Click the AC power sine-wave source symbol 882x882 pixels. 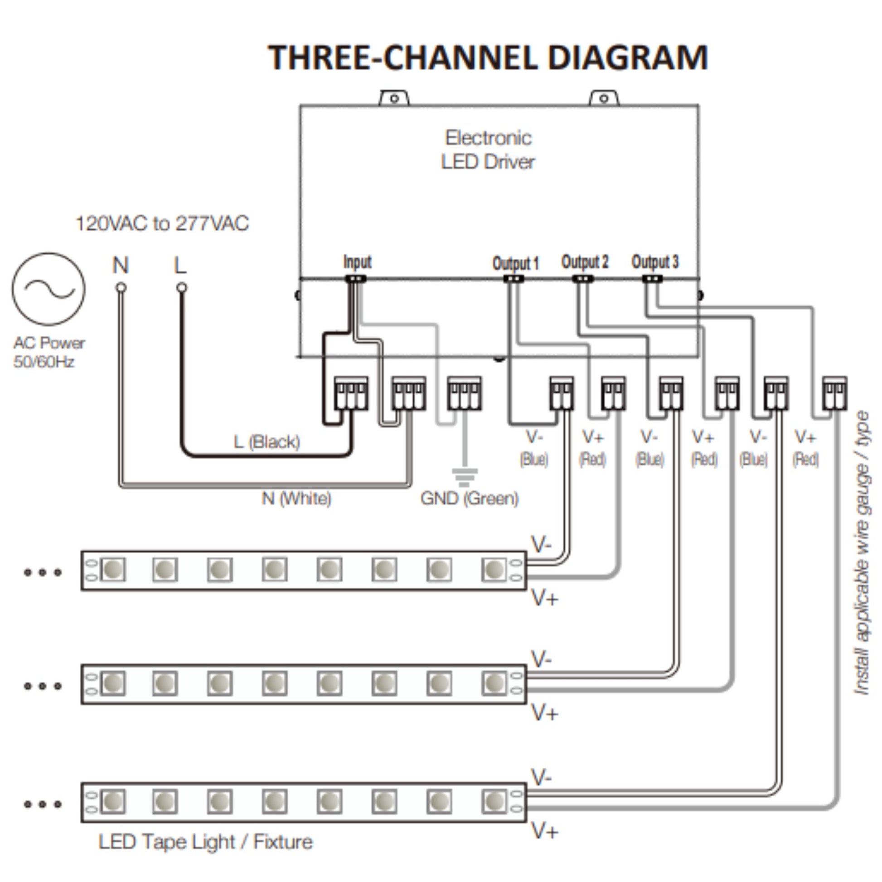coord(48,289)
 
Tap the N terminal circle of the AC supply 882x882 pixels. coord(121,288)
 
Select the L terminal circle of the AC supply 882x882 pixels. coord(182,288)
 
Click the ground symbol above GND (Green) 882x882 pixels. coord(464,476)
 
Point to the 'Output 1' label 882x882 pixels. coord(515,263)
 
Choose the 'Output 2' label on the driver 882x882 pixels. coord(585,262)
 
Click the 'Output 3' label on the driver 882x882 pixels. coord(655,262)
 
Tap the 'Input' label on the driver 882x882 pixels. coord(358,262)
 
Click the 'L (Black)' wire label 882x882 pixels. coord(267,442)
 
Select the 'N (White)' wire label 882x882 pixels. coord(296,498)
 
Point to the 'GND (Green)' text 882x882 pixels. coord(469,499)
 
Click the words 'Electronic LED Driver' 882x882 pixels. coord(488,150)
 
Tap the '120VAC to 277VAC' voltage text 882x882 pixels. coord(162,224)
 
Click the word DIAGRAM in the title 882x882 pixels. coord(627,58)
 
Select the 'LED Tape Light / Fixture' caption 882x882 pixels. coord(206,842)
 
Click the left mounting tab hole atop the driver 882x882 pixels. coord(394,99)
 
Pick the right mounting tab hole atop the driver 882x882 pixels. coord(604,99)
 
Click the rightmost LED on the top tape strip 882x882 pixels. coord(494,570)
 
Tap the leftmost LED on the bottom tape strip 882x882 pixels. coord(113,801)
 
